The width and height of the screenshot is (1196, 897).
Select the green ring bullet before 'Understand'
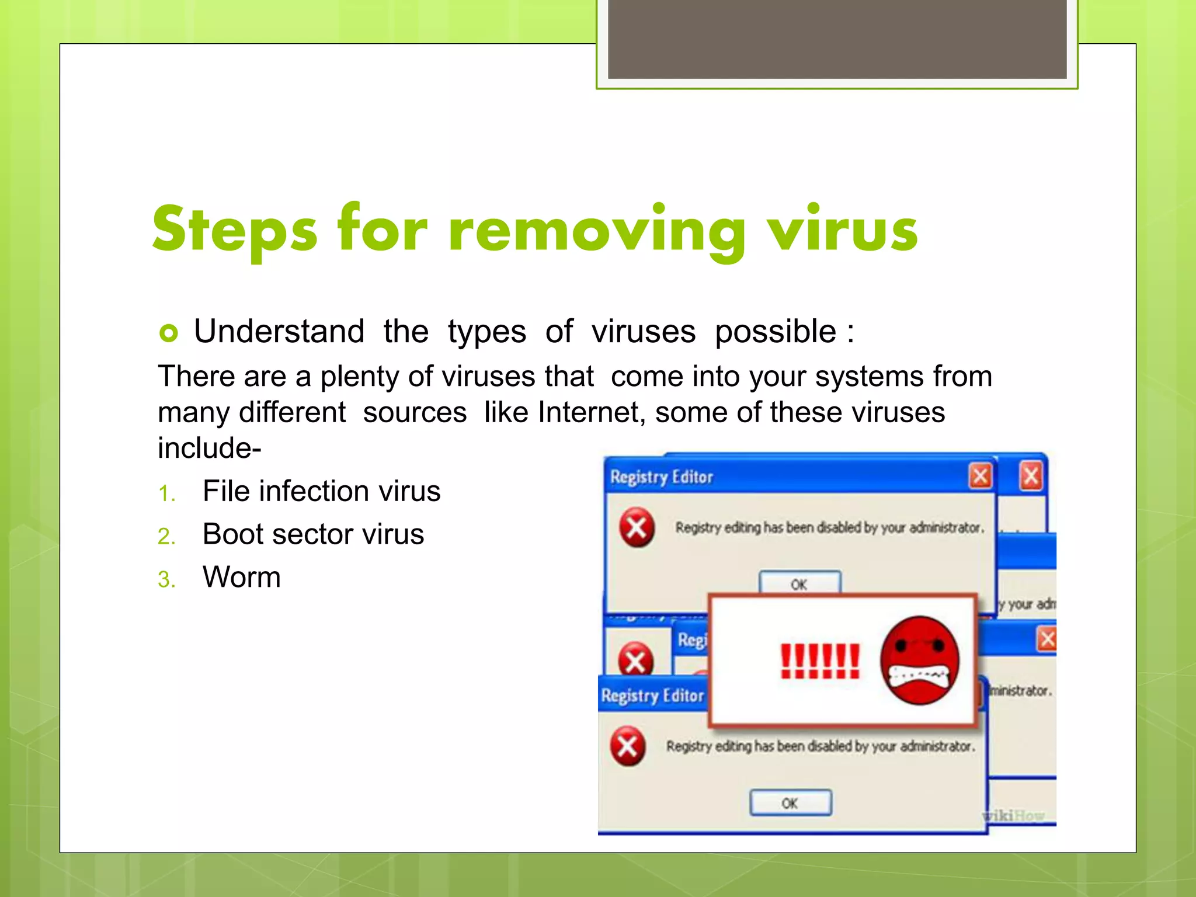click(x=169, y=333)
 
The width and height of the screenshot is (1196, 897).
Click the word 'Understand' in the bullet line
click(x=279, y=332)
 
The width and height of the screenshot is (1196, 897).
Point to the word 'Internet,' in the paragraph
click(x=592, y=412)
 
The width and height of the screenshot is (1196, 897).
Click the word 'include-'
click(x=209, y=448)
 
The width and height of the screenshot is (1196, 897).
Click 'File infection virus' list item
click(x=321, y=491)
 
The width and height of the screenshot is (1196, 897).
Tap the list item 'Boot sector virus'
click(x=313, y=534)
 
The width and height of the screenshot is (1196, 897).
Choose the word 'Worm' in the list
click(x=241, y=578)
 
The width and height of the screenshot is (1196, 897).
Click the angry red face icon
click(x=920, y=660)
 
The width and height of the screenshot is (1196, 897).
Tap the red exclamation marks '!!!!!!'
click(x=820, y=662)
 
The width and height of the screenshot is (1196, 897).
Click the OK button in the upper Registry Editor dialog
click(x=799, y=583)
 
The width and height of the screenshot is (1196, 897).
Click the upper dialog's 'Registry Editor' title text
click(x=662, y=477)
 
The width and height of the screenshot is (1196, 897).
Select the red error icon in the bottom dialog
click(x=628, y=746)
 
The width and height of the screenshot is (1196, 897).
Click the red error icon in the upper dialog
click(x=637, y=527)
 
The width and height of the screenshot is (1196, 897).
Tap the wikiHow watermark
click(x=1014, y=815)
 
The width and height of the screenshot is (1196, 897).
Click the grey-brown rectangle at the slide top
click(x=837, y=39)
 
